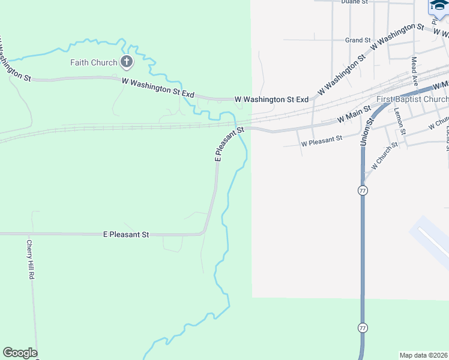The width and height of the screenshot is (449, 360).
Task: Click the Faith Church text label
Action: pos(93,62)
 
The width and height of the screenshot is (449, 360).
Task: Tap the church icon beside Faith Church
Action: pos(126,61)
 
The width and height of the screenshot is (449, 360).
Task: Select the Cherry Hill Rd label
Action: pos(30,260)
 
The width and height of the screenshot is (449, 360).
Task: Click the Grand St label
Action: pos(358,40)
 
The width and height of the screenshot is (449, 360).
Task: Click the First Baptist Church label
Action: pos(412,99)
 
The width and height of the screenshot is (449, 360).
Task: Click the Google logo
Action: pos(20,353)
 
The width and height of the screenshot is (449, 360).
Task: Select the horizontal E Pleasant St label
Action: pos(126,235)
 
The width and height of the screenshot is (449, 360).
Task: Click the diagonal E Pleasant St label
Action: pos(229,144)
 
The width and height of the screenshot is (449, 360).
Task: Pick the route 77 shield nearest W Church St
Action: pos(363,190)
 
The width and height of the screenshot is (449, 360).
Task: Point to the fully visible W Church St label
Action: pos(384,155)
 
